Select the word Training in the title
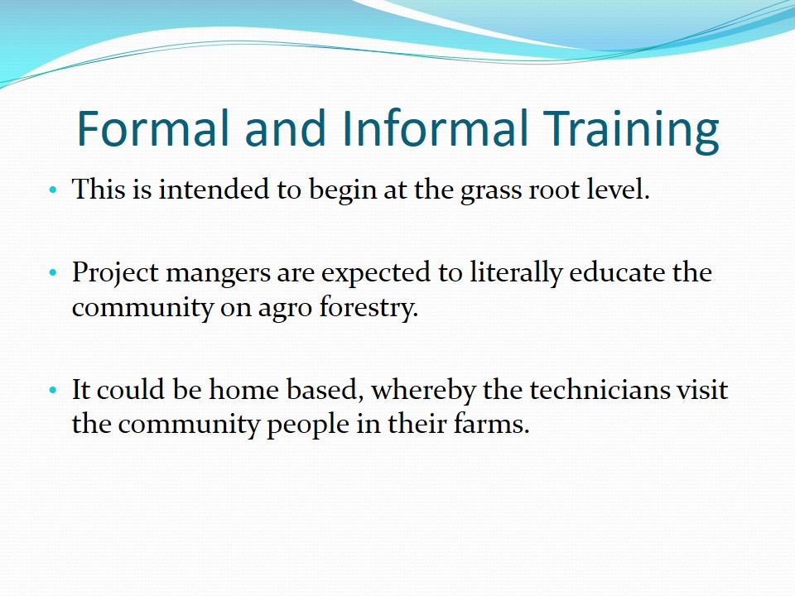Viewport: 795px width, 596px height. pos(631,131)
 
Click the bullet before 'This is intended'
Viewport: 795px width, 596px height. pos(53,190)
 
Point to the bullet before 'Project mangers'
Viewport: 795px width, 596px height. pos(53,273)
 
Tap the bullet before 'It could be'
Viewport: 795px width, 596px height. pos(53,390)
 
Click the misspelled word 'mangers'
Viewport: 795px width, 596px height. pos(218,274)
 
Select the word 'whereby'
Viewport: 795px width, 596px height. pos(423,391)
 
